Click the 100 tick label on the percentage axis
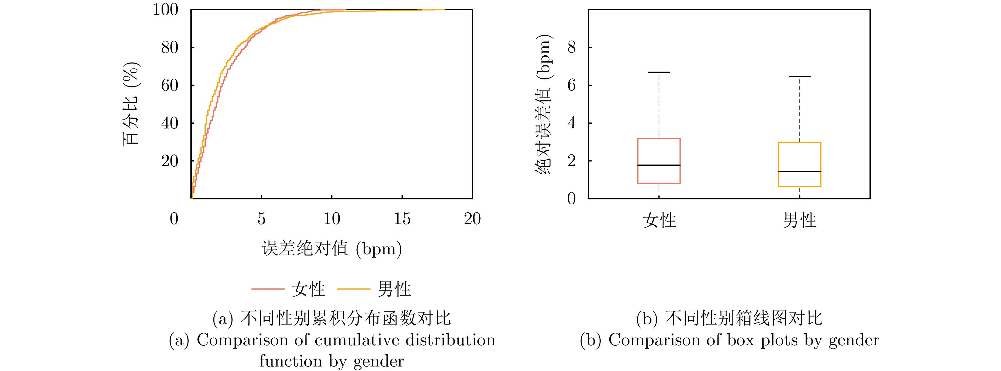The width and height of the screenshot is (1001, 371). coord(165,10)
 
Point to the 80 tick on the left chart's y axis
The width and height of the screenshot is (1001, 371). coord(169,47)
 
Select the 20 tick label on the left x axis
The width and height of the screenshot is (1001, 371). coord(472,219)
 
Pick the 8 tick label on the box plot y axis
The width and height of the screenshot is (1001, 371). coord(571,47)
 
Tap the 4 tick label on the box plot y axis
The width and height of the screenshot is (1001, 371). coord(571,123)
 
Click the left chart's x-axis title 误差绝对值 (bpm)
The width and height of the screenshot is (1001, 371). coord(332,249)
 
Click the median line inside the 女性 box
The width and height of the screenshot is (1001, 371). coord(659,165)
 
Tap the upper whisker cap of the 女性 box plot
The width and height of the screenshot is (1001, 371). coord(659,72)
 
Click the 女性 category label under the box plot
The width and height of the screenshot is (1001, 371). coord(659,220)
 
